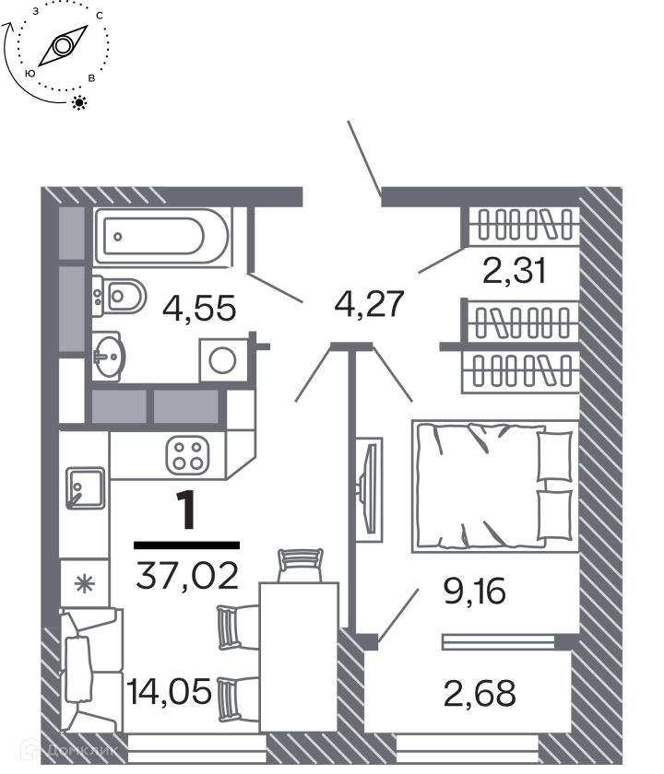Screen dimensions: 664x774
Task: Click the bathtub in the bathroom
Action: [x=162, y=237]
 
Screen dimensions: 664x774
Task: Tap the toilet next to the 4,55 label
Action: [x=120, y=296]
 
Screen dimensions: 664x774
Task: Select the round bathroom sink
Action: [x=109, y=356]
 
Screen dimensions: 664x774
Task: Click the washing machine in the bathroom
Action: [x=223, y=360]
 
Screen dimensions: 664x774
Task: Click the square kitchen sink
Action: [x=85, y=488]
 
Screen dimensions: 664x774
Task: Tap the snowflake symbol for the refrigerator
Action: [x=84, y=584]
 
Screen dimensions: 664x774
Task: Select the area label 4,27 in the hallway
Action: [x=370, y=304]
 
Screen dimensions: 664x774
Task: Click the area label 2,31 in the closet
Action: [x=515, y=271]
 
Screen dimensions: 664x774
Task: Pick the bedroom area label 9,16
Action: [x=475, y=591]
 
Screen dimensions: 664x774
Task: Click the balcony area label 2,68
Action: [x=480, y=693]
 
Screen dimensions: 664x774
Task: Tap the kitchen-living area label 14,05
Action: [x=169, y=691]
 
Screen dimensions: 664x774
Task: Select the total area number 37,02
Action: [x=187, y=576]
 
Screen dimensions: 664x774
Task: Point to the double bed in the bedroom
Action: [x=495, y=487]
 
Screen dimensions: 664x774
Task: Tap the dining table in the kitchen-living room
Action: [x=300, y=656]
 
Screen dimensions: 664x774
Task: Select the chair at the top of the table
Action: [x=301, y=566]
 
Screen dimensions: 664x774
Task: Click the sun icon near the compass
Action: [x=79, y=102]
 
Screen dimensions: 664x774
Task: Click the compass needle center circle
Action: [x=63, y=46]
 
